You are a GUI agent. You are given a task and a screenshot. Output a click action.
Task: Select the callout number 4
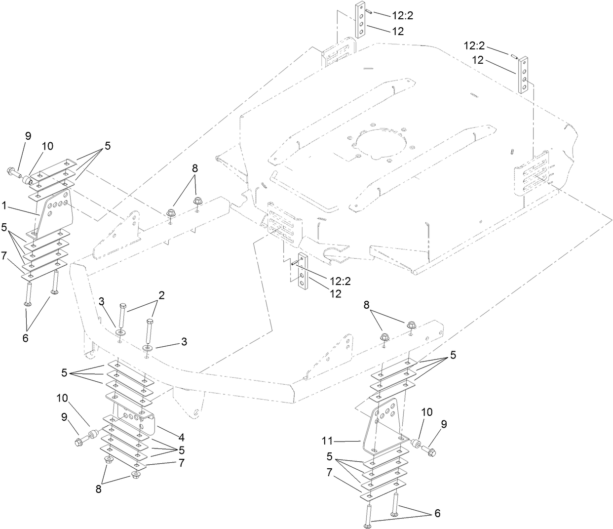[182, 437]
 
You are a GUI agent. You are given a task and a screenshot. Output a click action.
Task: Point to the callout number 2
[161, 295]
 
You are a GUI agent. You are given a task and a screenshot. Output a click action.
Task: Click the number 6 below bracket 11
[437, 514]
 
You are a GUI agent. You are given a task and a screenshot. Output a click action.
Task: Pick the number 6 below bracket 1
[25, 338]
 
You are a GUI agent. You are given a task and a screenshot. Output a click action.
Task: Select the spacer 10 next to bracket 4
[91, 436]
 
